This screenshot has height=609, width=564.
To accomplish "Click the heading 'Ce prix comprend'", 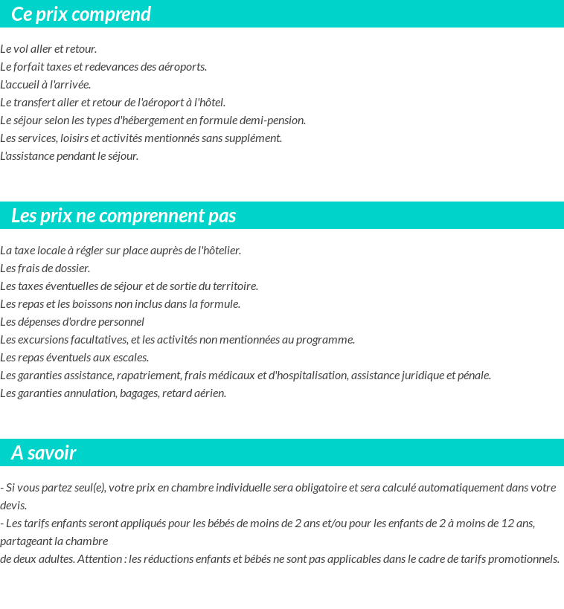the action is point(81,14).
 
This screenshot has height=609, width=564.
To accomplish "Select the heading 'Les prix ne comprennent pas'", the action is point(124,216).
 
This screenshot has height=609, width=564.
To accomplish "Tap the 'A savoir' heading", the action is point(44,453).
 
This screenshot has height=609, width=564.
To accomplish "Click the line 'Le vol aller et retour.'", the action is point(48,49).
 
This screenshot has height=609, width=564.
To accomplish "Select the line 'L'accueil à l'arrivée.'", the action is point(45,85).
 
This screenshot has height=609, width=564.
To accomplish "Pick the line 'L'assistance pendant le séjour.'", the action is point(69,156).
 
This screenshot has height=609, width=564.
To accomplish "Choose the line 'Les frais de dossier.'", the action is point(45,268).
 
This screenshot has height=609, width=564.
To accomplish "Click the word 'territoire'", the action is point(234,286).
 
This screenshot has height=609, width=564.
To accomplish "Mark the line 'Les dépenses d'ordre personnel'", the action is point(72,322).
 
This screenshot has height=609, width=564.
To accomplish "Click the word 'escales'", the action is point(130,358).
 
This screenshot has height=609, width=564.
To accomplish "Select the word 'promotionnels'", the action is point(528,559).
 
